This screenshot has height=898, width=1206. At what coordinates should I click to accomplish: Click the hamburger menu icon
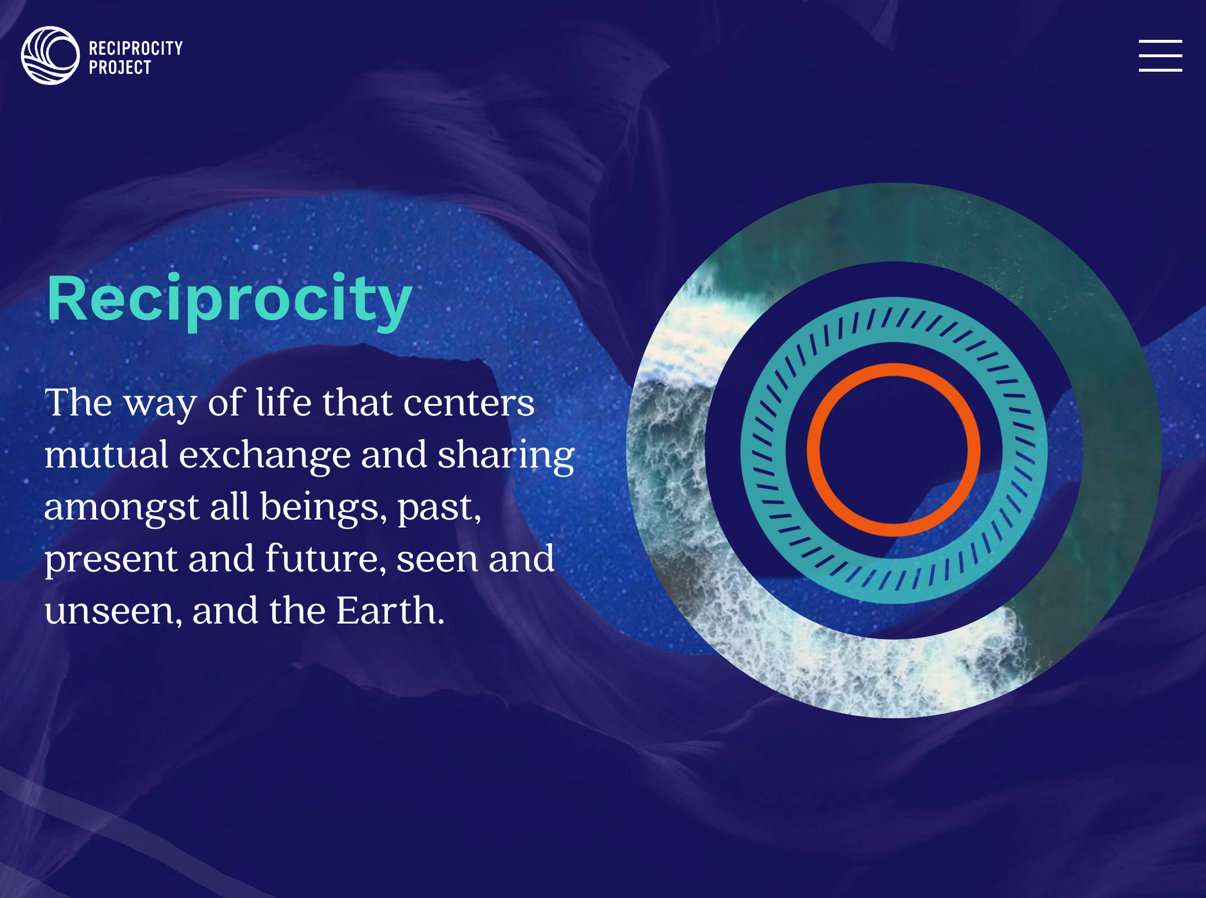click(1160, 55)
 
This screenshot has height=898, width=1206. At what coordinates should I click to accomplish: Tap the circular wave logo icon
click(50, 55)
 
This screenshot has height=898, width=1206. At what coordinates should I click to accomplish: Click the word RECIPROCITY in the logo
click(136, 48)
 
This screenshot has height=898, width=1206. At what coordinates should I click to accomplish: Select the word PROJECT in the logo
click(120, 68)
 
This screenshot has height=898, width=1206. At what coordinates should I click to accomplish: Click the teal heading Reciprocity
click(230, 299)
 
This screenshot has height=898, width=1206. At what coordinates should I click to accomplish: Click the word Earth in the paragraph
click(390, 611)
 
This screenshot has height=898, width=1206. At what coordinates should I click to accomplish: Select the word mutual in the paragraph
click(106, 455)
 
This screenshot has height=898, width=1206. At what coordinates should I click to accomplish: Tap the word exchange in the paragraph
click(265, 455)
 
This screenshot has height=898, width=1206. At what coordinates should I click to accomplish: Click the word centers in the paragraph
click(469, 403)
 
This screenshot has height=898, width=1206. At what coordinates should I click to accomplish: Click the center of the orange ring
click(893, 450)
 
